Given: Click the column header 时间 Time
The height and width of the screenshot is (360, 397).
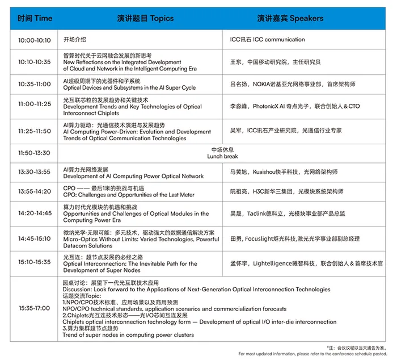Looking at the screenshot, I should click(35, 18).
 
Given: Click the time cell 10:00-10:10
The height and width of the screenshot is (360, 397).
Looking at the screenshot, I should click(35, 40).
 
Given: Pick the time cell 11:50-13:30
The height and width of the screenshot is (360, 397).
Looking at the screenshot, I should click(35, 153).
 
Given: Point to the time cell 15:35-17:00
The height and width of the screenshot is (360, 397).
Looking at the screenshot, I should click(35, 308).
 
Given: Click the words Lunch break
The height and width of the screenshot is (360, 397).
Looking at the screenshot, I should click(222, 156).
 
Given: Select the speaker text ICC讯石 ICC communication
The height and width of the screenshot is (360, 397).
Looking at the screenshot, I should click(267, 40).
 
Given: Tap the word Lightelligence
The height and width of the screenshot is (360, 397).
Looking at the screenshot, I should click(273, 264).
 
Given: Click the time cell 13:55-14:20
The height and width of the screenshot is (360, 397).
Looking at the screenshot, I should click(35, 192).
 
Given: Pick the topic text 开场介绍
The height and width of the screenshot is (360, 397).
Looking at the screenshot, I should click(74, 40).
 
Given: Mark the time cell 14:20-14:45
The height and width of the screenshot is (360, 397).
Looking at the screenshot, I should click(35, 214).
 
